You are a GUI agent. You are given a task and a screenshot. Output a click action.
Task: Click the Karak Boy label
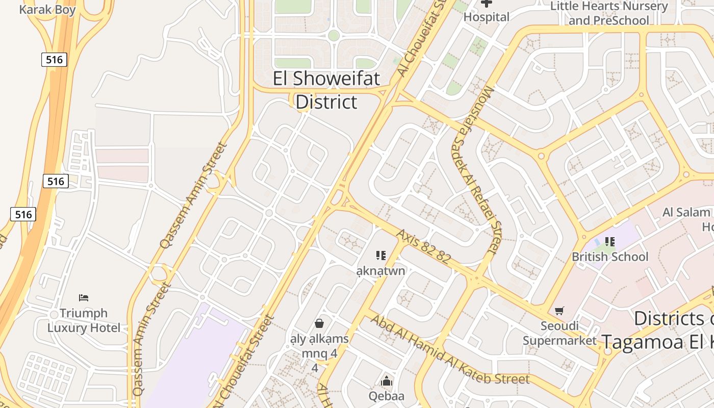[x=47, y=9]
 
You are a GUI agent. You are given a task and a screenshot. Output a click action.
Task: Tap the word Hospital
[x=486, y=17]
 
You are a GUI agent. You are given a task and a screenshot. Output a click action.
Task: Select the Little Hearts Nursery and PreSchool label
[x=609, y=13]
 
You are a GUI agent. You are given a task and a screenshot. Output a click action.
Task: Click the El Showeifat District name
[x=326, y=90]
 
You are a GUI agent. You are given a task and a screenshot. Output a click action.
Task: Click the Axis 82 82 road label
[x=423, y=246]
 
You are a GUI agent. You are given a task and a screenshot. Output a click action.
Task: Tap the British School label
[x=610, y=257]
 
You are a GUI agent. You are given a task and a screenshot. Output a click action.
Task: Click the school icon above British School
[x=609, y=242]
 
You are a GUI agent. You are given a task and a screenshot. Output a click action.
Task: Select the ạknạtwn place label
[x=380, y=270]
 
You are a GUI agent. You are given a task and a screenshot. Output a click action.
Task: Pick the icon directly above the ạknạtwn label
[x=380, y=255]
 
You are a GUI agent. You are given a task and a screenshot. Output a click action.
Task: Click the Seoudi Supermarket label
[x=559, y=333]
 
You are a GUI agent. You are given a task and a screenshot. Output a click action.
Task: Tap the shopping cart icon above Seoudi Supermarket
[x=559, y=311]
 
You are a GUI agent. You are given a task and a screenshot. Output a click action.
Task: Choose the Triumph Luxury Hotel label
[x=84, y=320]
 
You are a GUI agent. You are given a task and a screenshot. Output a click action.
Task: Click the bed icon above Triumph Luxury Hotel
[x=84, y=297]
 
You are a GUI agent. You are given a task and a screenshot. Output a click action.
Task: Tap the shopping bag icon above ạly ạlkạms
[x=319, y=323]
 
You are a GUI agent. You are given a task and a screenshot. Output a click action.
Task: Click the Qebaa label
[x=387, y=396]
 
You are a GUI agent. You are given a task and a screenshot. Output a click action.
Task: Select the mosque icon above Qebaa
[x=387, y=381]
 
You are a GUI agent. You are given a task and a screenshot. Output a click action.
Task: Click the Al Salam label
[x=686, y=212]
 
